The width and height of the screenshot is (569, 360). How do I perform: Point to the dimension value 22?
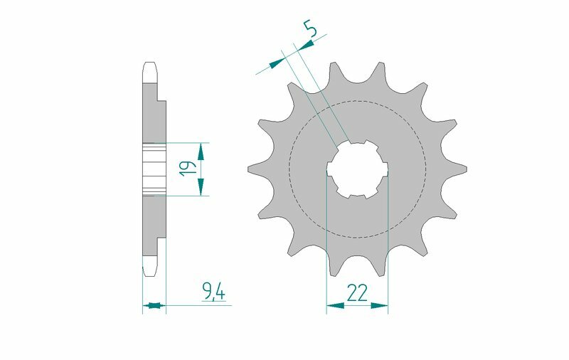pos(357,292)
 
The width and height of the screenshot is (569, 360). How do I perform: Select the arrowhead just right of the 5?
pos(306,46)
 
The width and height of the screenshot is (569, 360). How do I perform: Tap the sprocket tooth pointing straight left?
pos(255,169)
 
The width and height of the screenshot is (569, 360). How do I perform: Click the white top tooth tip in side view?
pos(149,72)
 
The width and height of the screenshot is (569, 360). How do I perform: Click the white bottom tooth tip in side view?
pos(149,267)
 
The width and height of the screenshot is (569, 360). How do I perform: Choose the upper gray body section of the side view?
pos(152,114)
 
